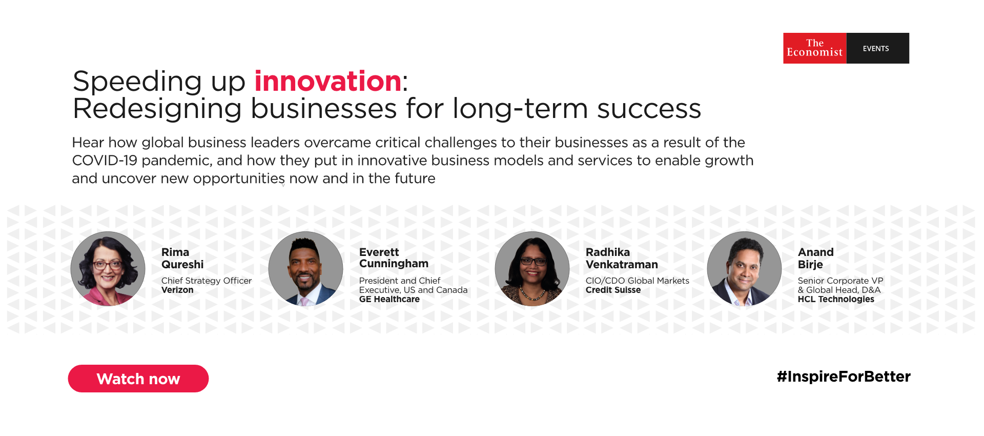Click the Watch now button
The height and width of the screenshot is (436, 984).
138,379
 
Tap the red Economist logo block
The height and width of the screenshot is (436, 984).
815,48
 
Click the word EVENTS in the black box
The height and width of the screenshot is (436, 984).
876,49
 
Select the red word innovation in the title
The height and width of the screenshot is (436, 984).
328,81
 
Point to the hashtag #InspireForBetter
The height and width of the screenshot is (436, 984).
844,376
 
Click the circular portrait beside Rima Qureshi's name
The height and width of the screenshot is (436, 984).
108,269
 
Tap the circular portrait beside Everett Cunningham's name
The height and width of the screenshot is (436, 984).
305,269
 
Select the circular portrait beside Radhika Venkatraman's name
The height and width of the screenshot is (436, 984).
532,269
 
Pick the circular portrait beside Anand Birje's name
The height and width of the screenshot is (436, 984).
744,269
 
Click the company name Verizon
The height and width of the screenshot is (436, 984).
177,290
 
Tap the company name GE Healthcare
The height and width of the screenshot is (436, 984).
389,299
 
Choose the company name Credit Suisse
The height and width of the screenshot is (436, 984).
613,290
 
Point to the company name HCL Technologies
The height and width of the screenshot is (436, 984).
836,299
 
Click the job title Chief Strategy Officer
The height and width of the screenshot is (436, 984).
207,281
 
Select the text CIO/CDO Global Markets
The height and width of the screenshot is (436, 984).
638,281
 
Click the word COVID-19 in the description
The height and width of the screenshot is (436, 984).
105,161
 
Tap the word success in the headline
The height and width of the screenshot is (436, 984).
649,109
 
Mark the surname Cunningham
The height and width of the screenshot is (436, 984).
394,264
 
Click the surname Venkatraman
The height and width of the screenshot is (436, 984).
622,265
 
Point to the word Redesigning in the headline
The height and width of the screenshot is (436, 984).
157,109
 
